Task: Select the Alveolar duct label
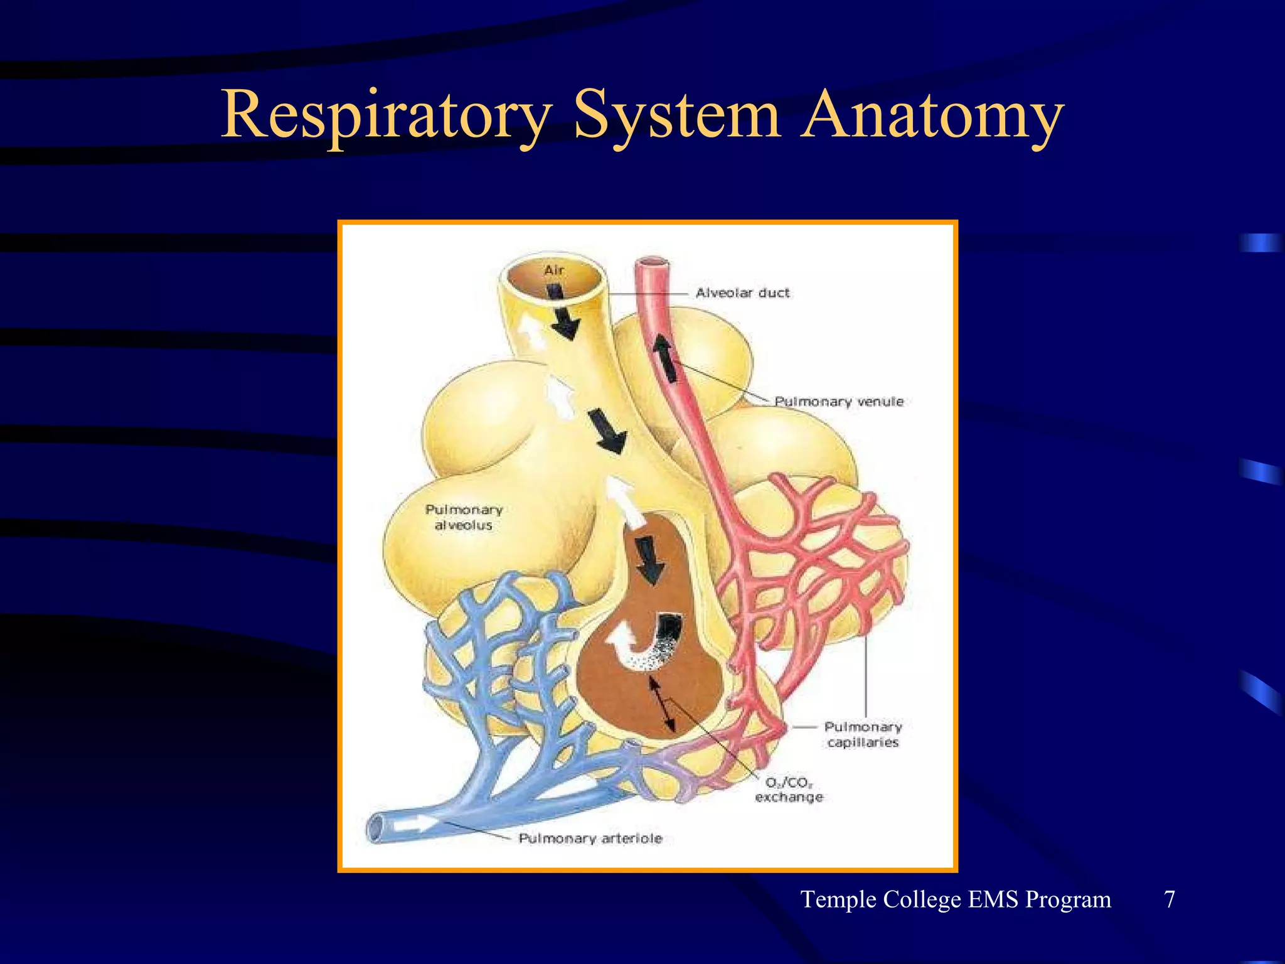[x=742, y=293]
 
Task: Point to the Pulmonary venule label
[x=839, y=402]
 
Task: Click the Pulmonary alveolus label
[x=464, y=517]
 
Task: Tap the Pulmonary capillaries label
[x=863, y=734]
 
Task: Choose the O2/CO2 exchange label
[x=789, y=790]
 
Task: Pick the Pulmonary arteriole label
[x=590, y=838]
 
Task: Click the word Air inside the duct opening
[x=554, y=270]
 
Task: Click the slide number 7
[x=1170, y=899]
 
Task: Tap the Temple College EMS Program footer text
[x=956, y=899]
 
